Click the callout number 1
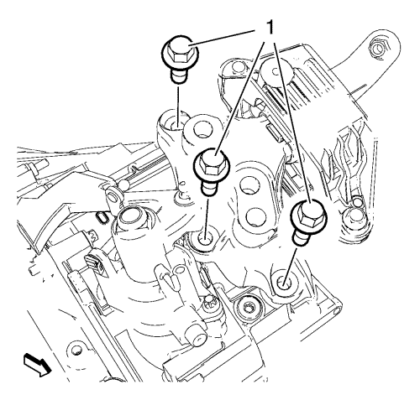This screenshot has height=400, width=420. [269, 28]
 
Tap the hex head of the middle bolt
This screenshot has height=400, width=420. [211, 162]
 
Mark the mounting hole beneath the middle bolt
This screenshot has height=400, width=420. [204, 238]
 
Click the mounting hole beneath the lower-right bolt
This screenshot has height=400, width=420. [285, 283]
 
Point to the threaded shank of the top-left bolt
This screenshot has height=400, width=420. [178, 75]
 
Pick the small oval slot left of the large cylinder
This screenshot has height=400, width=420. [102, 218]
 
